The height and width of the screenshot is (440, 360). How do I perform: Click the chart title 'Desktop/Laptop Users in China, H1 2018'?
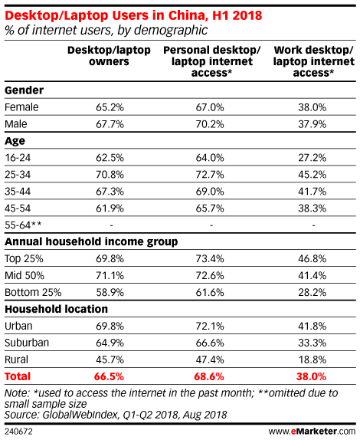click(133, 15)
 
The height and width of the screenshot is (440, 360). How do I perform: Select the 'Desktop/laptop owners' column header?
click(109, 55)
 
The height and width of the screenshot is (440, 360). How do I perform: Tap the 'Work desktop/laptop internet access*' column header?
click(314, 61)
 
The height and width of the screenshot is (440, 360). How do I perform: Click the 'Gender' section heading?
click(24, 90)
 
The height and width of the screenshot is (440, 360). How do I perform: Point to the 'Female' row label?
click(21, 107)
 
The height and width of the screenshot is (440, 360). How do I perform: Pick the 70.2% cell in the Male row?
click(210, 124)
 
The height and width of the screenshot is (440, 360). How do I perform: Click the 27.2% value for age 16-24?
click(312, 158)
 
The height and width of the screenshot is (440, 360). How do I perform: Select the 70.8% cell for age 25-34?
click(110, 175)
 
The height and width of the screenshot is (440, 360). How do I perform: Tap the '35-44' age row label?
click(18, 192)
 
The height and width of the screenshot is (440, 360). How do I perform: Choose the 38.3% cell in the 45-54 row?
click(312, 209)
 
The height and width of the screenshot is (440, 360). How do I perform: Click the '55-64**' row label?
click(23, 225)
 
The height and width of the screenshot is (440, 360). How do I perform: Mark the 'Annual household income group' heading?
click(91, 242)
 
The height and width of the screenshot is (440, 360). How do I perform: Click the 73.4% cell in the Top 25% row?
click(210, 259)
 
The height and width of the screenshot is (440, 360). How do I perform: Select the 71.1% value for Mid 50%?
click(110, 275)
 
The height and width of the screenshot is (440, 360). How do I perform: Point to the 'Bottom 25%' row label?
click(33, 292)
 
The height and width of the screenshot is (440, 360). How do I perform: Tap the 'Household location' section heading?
click(57, 309)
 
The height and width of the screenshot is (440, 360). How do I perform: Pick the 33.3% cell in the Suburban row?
click(312, 343)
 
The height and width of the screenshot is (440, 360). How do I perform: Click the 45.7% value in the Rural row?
click(110, 360)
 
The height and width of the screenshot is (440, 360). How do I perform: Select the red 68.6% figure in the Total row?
click(209, 376)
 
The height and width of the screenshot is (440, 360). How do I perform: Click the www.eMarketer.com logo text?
click(312, 432)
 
